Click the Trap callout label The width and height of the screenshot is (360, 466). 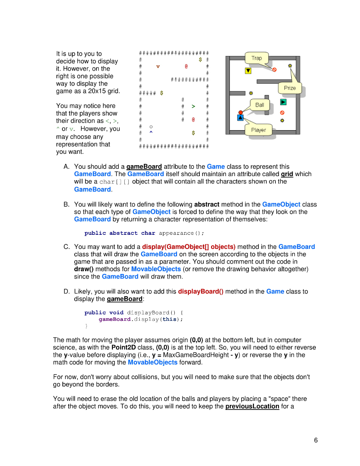pyautogui.click(x=257, y=58)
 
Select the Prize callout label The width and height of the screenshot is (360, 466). pyautogui.click(x=290, y=88)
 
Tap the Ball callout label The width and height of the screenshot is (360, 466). pyautogui.click(x=259, y=105)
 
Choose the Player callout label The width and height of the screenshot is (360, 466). pyautogui.click(x=259, y=130)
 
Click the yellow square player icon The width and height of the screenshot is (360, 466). pyautogui.click(x=248, y=71)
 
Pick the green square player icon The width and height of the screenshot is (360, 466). pyautogui.click(x=283, y=102)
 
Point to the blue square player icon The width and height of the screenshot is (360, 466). pyautogui.click(x=240, y=118)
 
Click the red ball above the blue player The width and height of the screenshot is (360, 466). pyautogui.click(x=240, y=112)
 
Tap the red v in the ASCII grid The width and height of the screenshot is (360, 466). pyautogui.click(x=158, y=67)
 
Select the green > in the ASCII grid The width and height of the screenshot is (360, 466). pyautogui.click(x=193, y=106)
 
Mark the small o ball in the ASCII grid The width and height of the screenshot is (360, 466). pyautogui.click(x=151, y=126)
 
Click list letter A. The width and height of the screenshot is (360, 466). pyautogui.click(x=66, y=167)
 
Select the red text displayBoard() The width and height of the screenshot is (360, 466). pyautogui.click(x=200, y=292)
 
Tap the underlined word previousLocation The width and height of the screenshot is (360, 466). pyautogui.click(x=252, y=406)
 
